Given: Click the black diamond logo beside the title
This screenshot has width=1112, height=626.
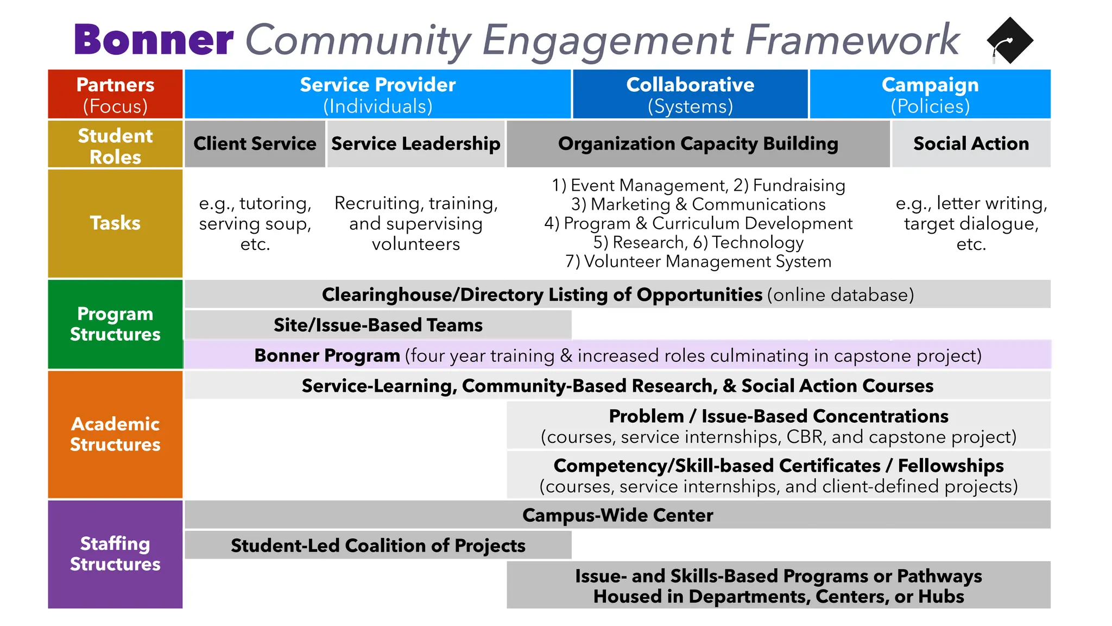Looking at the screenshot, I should [x=1010, y=41].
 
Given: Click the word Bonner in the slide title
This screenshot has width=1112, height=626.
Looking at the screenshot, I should [x=154, y=40].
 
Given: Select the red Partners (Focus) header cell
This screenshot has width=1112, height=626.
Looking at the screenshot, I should [x=115, y=95].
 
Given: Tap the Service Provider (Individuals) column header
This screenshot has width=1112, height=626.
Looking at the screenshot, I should [x=377, y=95].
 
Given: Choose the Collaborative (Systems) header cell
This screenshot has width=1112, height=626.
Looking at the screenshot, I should [x=690, y=95].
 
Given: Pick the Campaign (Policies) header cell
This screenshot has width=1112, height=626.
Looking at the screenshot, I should [x=930, y=95].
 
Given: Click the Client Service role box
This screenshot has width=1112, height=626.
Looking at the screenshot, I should [x=255, y=144].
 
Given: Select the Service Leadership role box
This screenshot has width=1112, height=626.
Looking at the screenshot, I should [x=415, y=144].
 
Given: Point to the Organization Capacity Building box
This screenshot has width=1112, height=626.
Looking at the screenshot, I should [x=698, y=144].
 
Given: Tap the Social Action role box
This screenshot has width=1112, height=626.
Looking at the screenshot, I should [x=971, y=144].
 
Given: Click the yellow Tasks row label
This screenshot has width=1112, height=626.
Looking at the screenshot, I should [x=115, y=223].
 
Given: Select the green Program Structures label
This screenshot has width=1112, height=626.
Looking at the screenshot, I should [x=115, y=324].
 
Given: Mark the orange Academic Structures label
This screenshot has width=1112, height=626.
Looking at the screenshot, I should [x=115, y=434].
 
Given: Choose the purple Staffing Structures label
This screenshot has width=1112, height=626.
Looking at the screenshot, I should [x=115, y=554].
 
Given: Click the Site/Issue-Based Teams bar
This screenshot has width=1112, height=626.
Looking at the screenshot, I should [x=378, y=325].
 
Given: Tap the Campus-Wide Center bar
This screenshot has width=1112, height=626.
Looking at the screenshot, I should [x=617, y=515].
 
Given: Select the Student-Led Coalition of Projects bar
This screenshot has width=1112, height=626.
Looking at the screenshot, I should [x=378, y=545].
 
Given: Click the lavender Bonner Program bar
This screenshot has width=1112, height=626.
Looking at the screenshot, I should [x=617, y=355].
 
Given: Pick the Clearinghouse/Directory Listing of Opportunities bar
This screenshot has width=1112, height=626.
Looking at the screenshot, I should [x=617, y=295].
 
